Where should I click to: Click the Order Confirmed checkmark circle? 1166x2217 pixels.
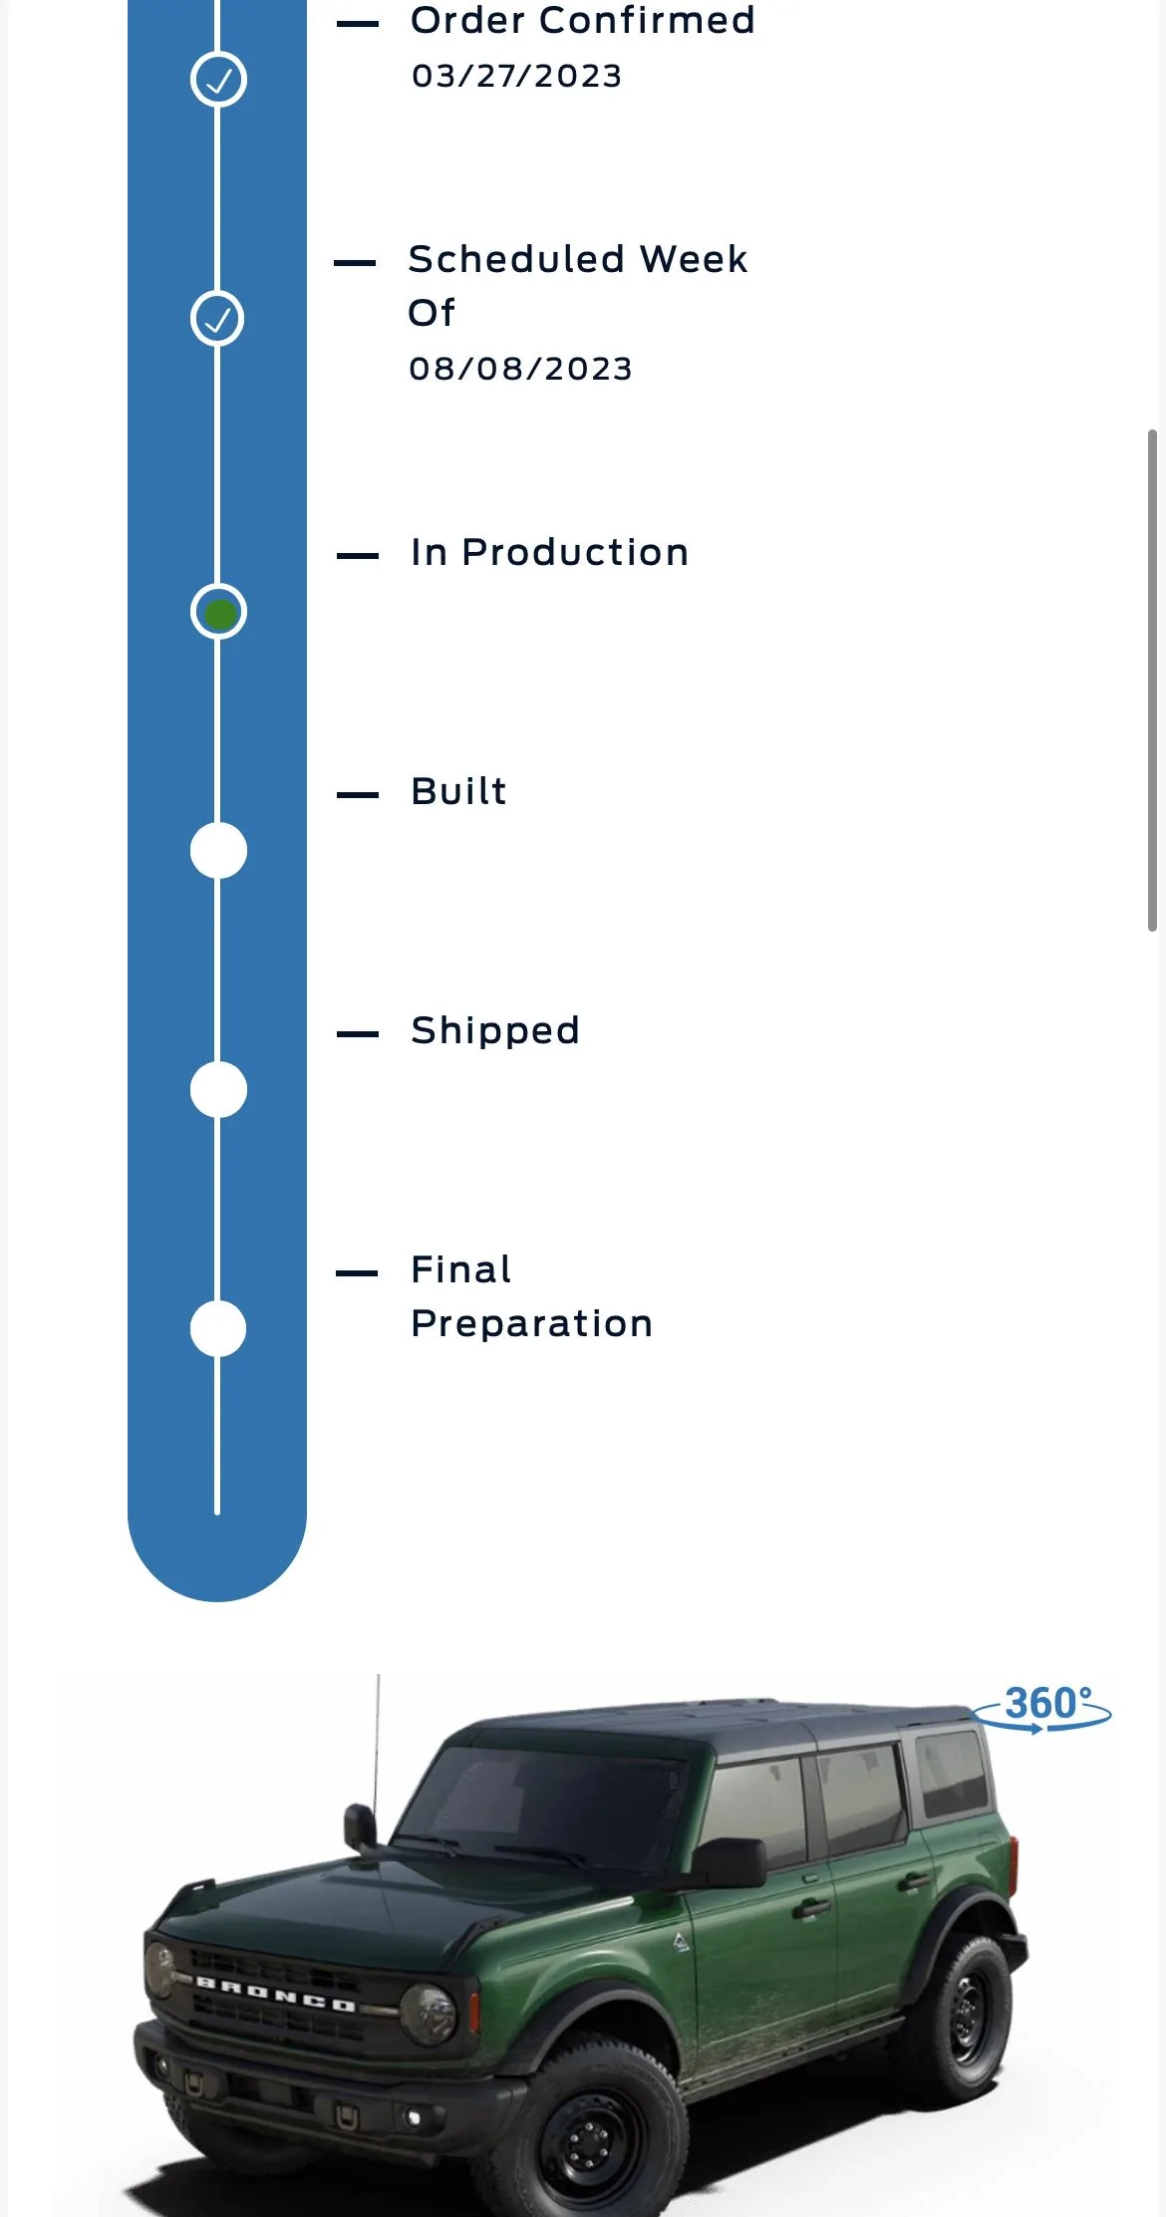[x=218, y=80]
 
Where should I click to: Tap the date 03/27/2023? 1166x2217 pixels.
[x=517, y=76]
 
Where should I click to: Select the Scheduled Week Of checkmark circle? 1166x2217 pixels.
[x=217, y=319]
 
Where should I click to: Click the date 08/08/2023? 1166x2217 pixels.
[x=520, y=369]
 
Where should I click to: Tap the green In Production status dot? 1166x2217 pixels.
[x=218, y=612]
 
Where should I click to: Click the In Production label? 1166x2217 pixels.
[x=549, y=552]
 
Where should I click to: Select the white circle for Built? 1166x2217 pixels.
[x=218, y=851]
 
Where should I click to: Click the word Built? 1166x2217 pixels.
[x=458, y=791]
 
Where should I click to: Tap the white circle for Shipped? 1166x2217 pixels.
[x=218, y=1090]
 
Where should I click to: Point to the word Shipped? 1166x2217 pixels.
[x=495, y=1031]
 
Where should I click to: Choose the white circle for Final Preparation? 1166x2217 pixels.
[x=218, y=1329]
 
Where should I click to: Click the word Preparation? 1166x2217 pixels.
[x=531, y=1324]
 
